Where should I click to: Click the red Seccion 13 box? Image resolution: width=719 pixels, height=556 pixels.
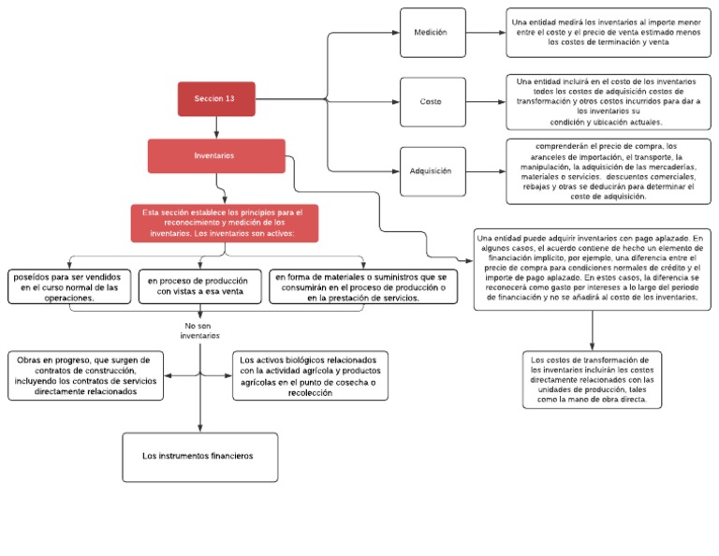tap(216, 98)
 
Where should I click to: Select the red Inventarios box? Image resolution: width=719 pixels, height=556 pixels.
tap(216, 155)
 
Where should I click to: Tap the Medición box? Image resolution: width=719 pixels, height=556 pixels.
tap(432, 32)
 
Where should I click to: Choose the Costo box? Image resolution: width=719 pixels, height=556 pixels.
tap(432, 101)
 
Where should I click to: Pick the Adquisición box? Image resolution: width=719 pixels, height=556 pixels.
tap(432, 170)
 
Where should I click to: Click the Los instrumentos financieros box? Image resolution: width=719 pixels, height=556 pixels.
tap(199, 456)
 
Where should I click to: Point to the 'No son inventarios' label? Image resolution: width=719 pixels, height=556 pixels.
tap(200, 329)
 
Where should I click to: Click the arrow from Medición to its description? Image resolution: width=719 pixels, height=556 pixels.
tap(484, 32)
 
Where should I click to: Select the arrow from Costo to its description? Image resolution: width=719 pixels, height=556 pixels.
tap(484, 101)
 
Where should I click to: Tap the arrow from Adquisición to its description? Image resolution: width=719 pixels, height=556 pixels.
tap(484, 170)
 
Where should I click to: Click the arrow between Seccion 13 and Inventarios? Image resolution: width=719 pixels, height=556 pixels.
tap(216, 127)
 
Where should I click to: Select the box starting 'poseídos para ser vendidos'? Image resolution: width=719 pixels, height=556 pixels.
tap(69, 287)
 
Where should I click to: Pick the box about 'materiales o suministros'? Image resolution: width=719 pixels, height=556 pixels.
tap(360, 287)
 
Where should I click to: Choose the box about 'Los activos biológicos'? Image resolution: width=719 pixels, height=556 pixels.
tap(310, 375)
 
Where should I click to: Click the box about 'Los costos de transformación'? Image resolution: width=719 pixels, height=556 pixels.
tap(590, 379)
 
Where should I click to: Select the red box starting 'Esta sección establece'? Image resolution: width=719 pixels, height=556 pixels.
tap(224, 223)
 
